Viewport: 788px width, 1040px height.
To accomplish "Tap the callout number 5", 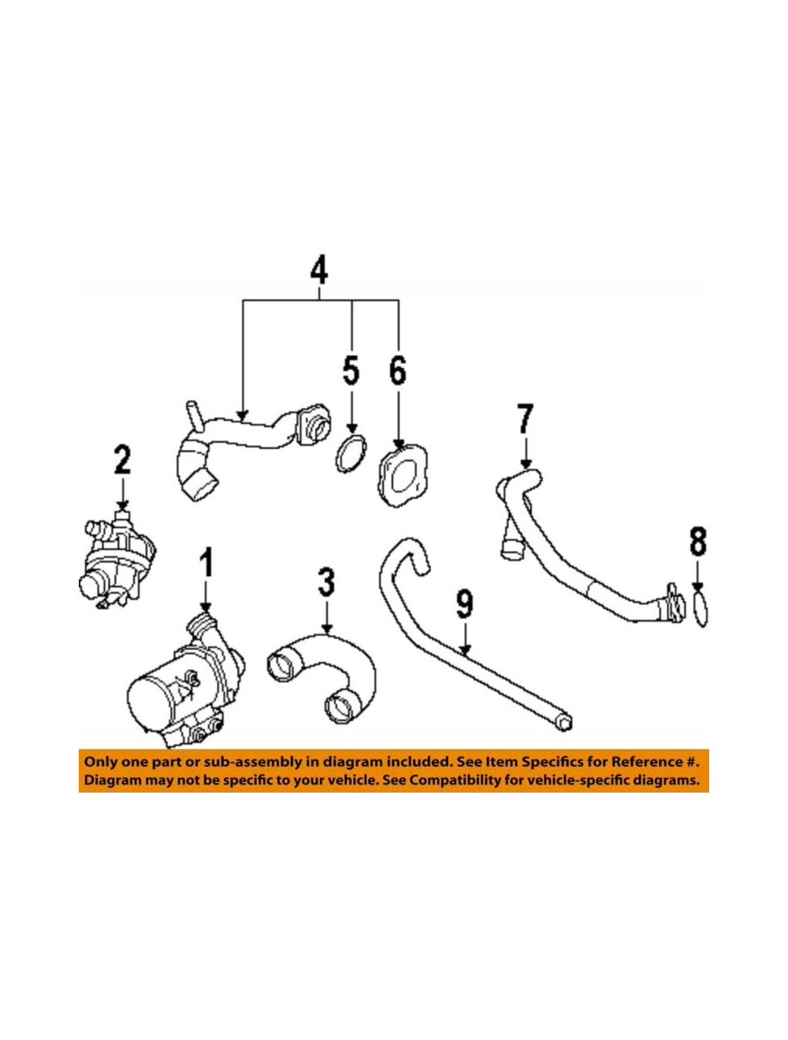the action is (351, 372).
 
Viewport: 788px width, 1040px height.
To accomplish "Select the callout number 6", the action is (398, 372).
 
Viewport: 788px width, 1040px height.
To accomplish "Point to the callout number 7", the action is (525, 418).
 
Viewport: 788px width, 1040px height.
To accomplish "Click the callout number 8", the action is (698, 541).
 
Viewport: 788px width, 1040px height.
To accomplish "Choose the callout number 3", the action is (326, 582).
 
